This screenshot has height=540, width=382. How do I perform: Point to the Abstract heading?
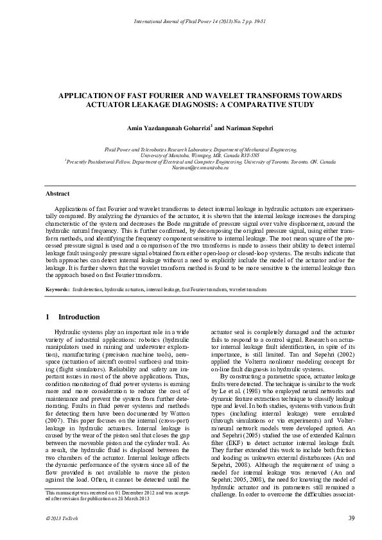[x=58, y=193]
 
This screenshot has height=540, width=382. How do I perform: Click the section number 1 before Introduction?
[x=48, y=317]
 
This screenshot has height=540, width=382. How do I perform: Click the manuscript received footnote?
[x=116, y=493]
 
